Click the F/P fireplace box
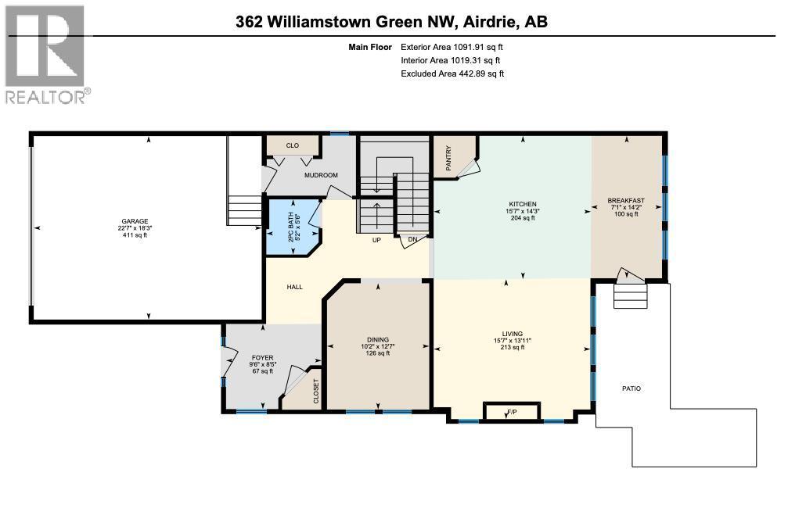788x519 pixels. tap(512, 411)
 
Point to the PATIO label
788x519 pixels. tap(631, 388)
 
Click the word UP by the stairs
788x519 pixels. tap(376, 239)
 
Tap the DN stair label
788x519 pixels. tap(412, 239)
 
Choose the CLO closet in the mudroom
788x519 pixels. tap(293, 145)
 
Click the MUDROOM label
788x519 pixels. tap(321, 175)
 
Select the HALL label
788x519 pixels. tap(294, 287)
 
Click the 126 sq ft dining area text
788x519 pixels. tap(378, 353)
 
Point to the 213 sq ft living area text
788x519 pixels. tap(513, 347)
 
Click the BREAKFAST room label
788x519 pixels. tap(627, 201)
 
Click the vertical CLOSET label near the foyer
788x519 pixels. tap(316, 390)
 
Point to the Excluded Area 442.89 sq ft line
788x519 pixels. tap(452, 73)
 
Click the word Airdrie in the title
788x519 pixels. tap(488, 22)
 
